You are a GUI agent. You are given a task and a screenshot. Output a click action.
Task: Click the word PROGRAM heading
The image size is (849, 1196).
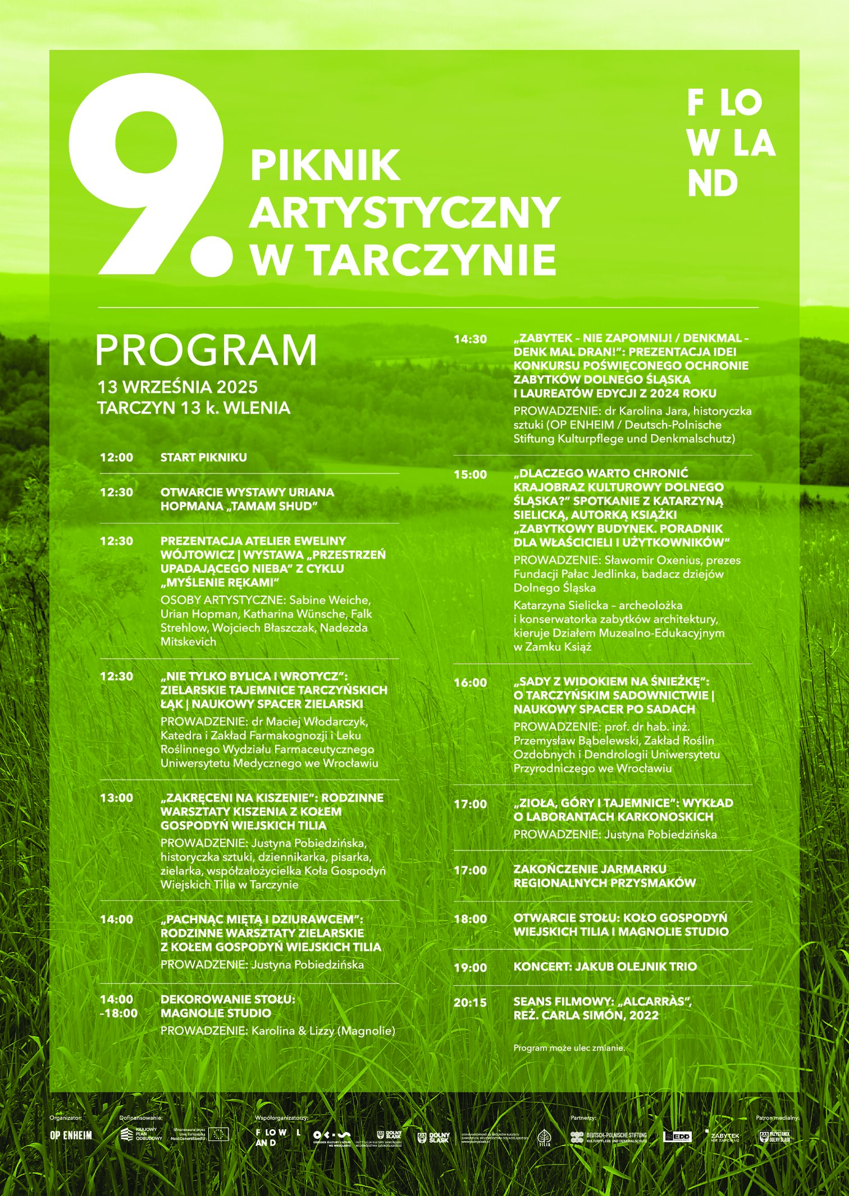point(206,350)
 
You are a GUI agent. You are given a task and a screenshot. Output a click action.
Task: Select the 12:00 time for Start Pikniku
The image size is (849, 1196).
point(117,458)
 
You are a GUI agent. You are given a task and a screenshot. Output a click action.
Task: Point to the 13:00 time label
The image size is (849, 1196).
point(117,798)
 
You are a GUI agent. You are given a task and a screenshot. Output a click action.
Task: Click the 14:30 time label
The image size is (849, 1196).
point(471,339)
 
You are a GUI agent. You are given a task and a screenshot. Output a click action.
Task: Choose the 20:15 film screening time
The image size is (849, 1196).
point(471,1002)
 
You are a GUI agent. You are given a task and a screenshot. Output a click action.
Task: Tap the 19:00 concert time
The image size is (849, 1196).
point(471,967)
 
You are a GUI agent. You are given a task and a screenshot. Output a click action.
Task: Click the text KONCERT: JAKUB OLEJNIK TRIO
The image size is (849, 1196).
point(605,967)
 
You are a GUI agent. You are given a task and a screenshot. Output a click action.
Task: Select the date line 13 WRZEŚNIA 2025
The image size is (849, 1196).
point(177,387)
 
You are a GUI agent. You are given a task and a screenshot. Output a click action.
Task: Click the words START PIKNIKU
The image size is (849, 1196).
point(203,458)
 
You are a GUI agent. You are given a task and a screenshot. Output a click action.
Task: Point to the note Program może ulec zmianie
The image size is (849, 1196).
point(569,1048)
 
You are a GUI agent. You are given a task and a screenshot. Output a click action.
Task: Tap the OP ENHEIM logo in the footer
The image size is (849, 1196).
point(71,1136)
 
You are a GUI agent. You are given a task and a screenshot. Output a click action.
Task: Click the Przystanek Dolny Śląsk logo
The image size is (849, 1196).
point(775,1137)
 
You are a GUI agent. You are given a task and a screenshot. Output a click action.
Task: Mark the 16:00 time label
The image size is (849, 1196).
point(471,683)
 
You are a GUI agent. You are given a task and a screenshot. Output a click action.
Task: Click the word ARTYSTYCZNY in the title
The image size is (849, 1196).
point(405,212)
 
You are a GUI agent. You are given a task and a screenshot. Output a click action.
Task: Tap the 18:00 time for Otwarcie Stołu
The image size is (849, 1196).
point(471,919)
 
